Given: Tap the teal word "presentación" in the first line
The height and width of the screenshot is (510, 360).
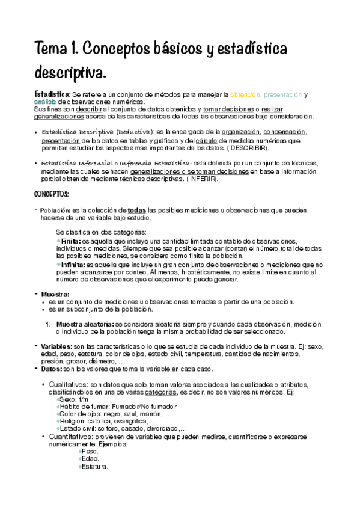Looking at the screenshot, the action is click(282, 94).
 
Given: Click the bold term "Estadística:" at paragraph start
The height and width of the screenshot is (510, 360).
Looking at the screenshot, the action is click(52, 94).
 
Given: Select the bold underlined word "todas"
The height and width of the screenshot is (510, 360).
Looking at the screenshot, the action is click(138, 210).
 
